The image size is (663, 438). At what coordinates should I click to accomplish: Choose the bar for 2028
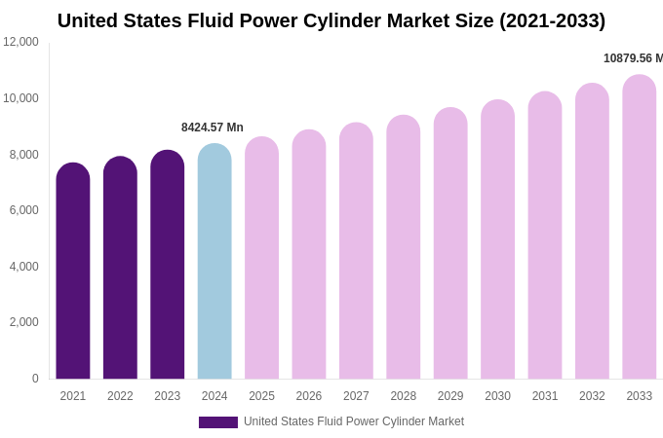[x=404, y=247]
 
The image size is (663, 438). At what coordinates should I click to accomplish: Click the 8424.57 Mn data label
[x=213, y=128]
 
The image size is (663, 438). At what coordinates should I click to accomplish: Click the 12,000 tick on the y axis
[x=20, y=42]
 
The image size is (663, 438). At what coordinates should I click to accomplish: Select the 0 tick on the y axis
[x=35, y=379]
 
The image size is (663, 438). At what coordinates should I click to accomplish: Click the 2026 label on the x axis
[x=309, y=396]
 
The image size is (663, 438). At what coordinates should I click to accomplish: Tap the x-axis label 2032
[x=592, y=396]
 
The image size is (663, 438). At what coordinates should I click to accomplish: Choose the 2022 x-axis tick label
[x=120, y=396]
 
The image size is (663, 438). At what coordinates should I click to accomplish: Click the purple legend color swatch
[x=218, y=422]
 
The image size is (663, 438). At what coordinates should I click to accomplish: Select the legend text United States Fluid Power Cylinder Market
[x=354, y=421]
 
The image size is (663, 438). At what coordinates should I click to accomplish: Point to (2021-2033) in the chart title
[x=552, y=20]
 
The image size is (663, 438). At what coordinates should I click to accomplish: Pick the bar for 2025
[x=261, y=258]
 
